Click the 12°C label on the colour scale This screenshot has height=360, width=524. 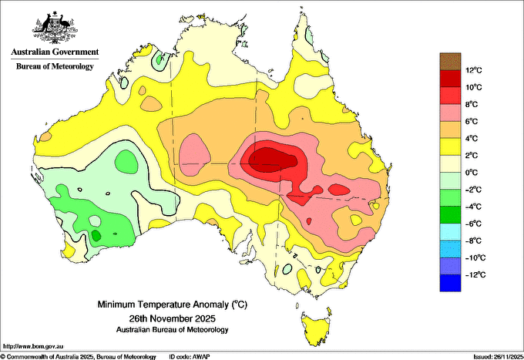pyautogui.click(x=474, y=70)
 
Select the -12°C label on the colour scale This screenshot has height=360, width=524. pyautogui.click(x=474, y=274)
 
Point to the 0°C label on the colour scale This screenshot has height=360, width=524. pyautogui.click(x=472, y=173)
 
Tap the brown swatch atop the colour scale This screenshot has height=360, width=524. pyautogui.click(x=450, y=61)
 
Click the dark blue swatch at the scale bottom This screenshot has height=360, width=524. pyautogui.click(x=450, y=283)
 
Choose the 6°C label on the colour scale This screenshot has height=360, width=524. pyautogui.click(x=472, y=121)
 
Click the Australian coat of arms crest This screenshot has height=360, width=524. pyautogui.click(x=55, y=28)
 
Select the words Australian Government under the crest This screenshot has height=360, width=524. pyautogui.click(x=55, y=52)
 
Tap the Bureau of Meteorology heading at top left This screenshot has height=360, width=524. pyautogui.click(x=55, y=66)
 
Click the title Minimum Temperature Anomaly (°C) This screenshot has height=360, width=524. pyautogui.click(x=173, y=304)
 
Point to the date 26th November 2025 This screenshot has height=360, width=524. pyautogui.click(x=173, y=318)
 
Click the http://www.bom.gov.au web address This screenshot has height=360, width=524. pyautogui.click(x=32, y=346)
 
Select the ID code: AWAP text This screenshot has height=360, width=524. pyautogui.click(x=190, y=357)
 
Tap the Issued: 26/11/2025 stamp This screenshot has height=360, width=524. pyautogui.click(x=499, y=357)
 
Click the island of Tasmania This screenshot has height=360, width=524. pyautogui.click(x=317, y=328)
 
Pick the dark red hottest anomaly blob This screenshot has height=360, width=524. pyautogui.click(x=272, y=160)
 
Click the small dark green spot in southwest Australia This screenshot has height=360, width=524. pyautogui.click(x=96, y=236)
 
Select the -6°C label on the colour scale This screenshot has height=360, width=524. pyautogui.click(x=473, y=224)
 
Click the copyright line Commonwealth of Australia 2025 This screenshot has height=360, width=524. pyautogui.click(x=78, y=357)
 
